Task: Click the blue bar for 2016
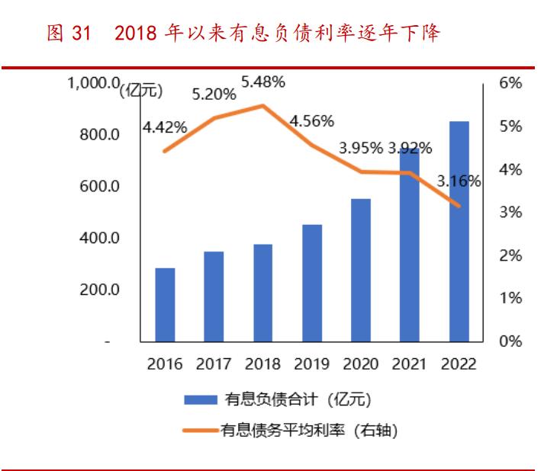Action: pos(165,305)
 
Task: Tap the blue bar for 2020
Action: pos(361,270)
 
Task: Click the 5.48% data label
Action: pos(263,81)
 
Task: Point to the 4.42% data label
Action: pos(165,127)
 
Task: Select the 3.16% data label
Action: pos(459,181)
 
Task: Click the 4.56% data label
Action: pos(312,120)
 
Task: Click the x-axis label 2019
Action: pos(311,364)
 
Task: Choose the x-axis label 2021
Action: pos(410,364)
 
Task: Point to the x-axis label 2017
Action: pos(214,364)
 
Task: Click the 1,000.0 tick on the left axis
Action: pos(94,83)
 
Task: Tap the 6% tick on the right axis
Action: pos(510,83)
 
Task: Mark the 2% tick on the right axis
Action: pos(510,255)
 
